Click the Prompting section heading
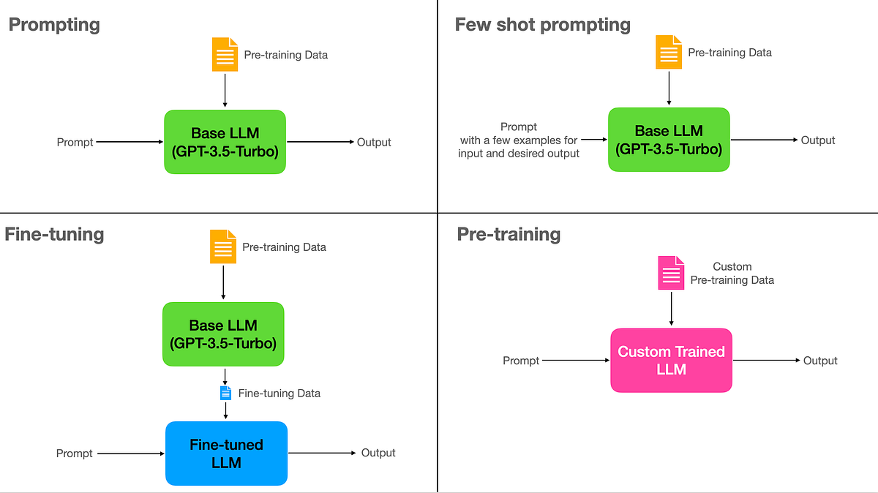click(x=54, y=24)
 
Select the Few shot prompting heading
click(x=542, y=24)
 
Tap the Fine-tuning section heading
click(x=54, y=234)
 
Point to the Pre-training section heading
click(x=509, y=234)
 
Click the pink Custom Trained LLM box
click(x=671, y=360)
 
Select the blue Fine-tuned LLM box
click(x=226, y=454)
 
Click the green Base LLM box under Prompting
click(x=225, y=142)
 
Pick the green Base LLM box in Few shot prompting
click(x=669, y=140)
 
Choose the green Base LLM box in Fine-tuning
click(x=222, y=334)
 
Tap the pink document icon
click(x=671, y=273)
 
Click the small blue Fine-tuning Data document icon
click(x=225, y=394)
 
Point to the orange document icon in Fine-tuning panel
click(x=223, y=246)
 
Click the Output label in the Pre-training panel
click(x=820, y=361)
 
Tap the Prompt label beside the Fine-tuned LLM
click(x=75, y=454)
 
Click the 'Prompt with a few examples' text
click(x=519, y=140)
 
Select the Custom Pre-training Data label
click(x=732, y=274)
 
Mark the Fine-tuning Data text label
click(x=279, y=394)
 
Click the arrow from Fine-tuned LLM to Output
click(x=321, y=454)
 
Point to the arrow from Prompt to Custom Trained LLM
click(x=576, y=361)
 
